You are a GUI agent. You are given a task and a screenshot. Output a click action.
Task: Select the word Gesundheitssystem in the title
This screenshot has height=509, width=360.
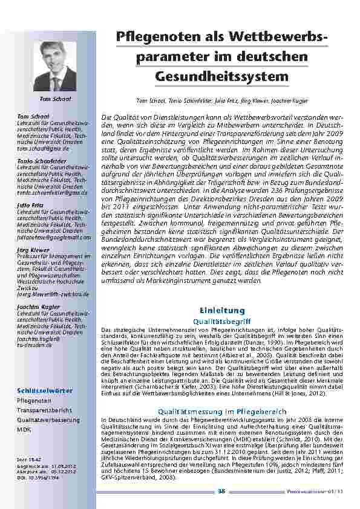point(221,77)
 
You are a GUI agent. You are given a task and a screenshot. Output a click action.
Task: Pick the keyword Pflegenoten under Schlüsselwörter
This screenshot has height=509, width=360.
point(34,401)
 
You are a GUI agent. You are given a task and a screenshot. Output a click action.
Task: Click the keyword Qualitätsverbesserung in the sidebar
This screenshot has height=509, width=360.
point(48,419)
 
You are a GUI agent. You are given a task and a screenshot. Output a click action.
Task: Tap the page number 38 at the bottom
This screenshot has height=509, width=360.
point(221,491)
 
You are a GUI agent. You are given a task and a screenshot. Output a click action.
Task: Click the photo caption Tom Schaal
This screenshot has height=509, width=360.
point(55,98)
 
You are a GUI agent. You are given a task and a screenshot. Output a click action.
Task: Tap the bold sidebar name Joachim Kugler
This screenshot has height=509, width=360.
point(36,306)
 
